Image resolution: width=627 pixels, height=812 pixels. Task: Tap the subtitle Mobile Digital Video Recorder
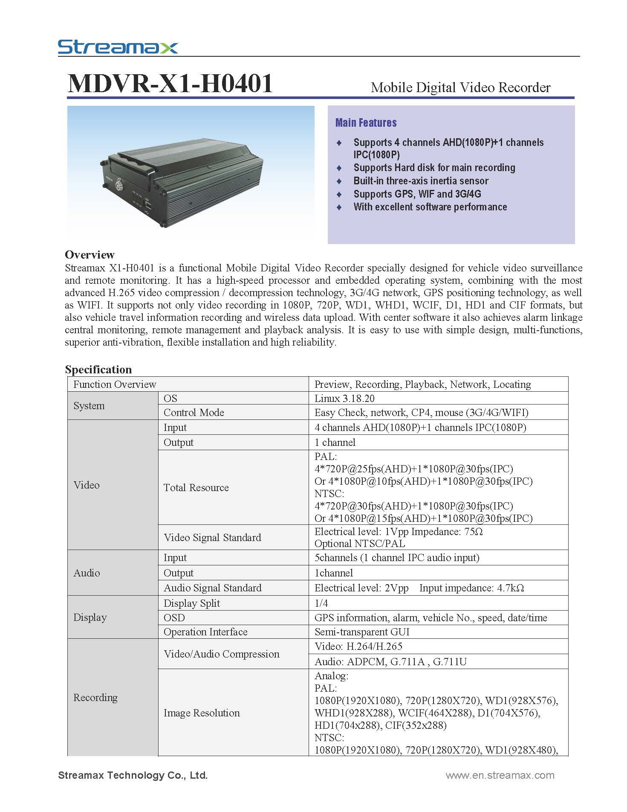(460, 87)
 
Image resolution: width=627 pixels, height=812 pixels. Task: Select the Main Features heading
(366, 123)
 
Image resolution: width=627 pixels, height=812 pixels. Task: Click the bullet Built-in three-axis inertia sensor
(421, 180)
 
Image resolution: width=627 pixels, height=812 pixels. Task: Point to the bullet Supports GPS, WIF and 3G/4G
(417, 194)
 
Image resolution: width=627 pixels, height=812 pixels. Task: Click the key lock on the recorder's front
(118, 186)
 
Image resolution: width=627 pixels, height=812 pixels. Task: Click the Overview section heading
(90, 255)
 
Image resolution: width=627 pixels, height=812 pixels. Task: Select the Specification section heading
(98, 370)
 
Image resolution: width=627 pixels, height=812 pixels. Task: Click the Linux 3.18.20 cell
(344, 399)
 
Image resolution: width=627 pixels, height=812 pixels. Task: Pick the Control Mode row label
(194, 413)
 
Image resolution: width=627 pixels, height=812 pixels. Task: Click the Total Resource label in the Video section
(196, 488)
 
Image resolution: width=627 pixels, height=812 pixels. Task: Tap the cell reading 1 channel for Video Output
(335, 442)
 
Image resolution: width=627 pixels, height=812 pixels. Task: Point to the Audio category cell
(87, 573)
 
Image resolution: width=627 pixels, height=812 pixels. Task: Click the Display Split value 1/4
(321, 603)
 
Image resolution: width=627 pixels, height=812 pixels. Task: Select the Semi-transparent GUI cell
(361, 632)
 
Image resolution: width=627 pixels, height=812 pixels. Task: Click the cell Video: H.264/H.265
(358, 646)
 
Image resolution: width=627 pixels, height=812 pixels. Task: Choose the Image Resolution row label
(202, 713)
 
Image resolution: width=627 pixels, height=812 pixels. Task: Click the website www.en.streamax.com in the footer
(500, 775)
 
